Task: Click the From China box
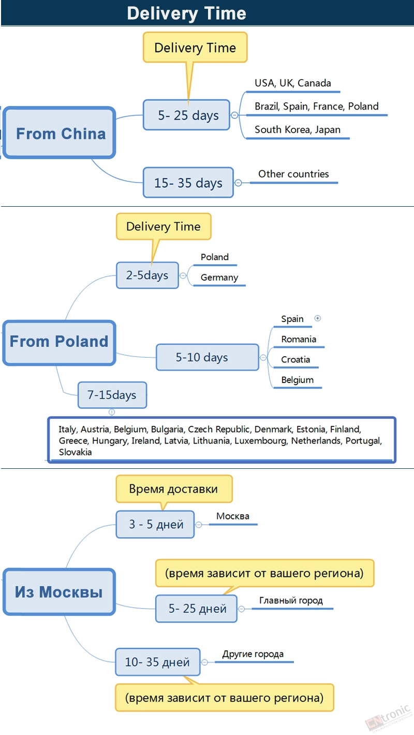[59, 133]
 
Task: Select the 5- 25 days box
[186, 115]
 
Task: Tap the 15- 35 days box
[188, 182]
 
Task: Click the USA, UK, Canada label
[293, 83]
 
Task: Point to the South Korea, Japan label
[298, 130]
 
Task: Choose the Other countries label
[293, 174]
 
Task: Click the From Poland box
[59, 343]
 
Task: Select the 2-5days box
[147, 275]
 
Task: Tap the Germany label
[219, 278]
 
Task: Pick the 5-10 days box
[208, 357]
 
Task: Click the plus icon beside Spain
[318, 318]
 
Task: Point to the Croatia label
[295, 359]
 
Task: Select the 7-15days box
[112, 395]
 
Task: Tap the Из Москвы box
[59, 592]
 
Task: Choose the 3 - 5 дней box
[155, 524]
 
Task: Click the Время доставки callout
[174, 488]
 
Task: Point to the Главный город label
[291, 601]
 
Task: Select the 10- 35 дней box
[158, 662]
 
